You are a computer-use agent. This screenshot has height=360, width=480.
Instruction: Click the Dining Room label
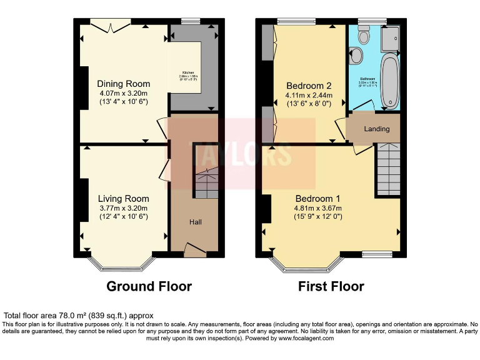tap(123, 84)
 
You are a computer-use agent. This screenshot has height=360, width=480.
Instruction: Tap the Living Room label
tap(123, 182)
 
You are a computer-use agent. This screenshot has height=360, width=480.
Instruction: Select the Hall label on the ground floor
tap(196, 222)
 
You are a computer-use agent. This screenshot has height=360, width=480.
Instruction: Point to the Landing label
tap(377, 129)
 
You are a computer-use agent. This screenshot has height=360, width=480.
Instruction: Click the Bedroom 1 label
tap(319, 199)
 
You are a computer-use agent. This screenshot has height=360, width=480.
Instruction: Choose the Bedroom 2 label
tap(309, 86)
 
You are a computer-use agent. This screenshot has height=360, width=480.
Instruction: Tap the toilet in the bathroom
tap(362, 37)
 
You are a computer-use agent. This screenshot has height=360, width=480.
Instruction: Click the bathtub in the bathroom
tap(389, 80)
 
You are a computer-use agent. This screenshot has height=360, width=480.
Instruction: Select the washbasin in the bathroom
tap(356, 56)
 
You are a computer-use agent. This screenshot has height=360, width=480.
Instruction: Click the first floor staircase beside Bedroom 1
tap(387, 169)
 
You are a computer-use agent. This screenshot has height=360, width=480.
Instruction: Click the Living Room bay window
tap(122, 263)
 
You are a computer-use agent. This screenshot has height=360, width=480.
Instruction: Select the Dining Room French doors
tap(110, 24)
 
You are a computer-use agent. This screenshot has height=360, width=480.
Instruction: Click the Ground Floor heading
tap(149, 287)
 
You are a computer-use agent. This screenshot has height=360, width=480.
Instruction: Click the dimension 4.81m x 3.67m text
tap(319, 208)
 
